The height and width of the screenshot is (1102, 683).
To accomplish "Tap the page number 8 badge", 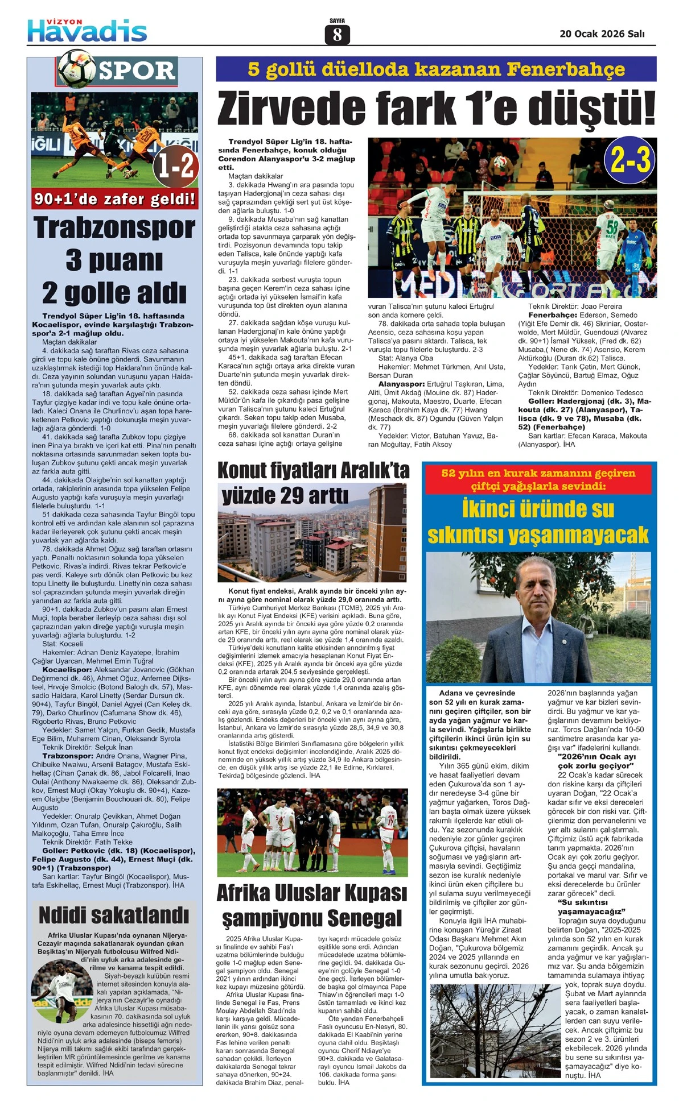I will click(337, 35).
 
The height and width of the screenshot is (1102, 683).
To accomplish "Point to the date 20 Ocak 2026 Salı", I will click(602, 34).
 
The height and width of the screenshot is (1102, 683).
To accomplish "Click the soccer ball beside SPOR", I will click(76, 69).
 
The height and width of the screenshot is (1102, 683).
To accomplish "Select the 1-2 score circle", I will click(176, 166).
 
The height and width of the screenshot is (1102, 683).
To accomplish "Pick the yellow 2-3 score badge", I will click(631, 160).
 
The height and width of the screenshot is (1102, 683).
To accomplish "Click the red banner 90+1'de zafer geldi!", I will click(115, 199).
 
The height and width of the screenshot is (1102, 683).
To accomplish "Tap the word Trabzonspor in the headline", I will click(114, 228).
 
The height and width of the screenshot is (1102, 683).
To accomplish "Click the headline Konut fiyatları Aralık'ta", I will click(313, 471).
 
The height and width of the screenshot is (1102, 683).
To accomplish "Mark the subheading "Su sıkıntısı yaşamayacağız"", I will click(591, 906).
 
